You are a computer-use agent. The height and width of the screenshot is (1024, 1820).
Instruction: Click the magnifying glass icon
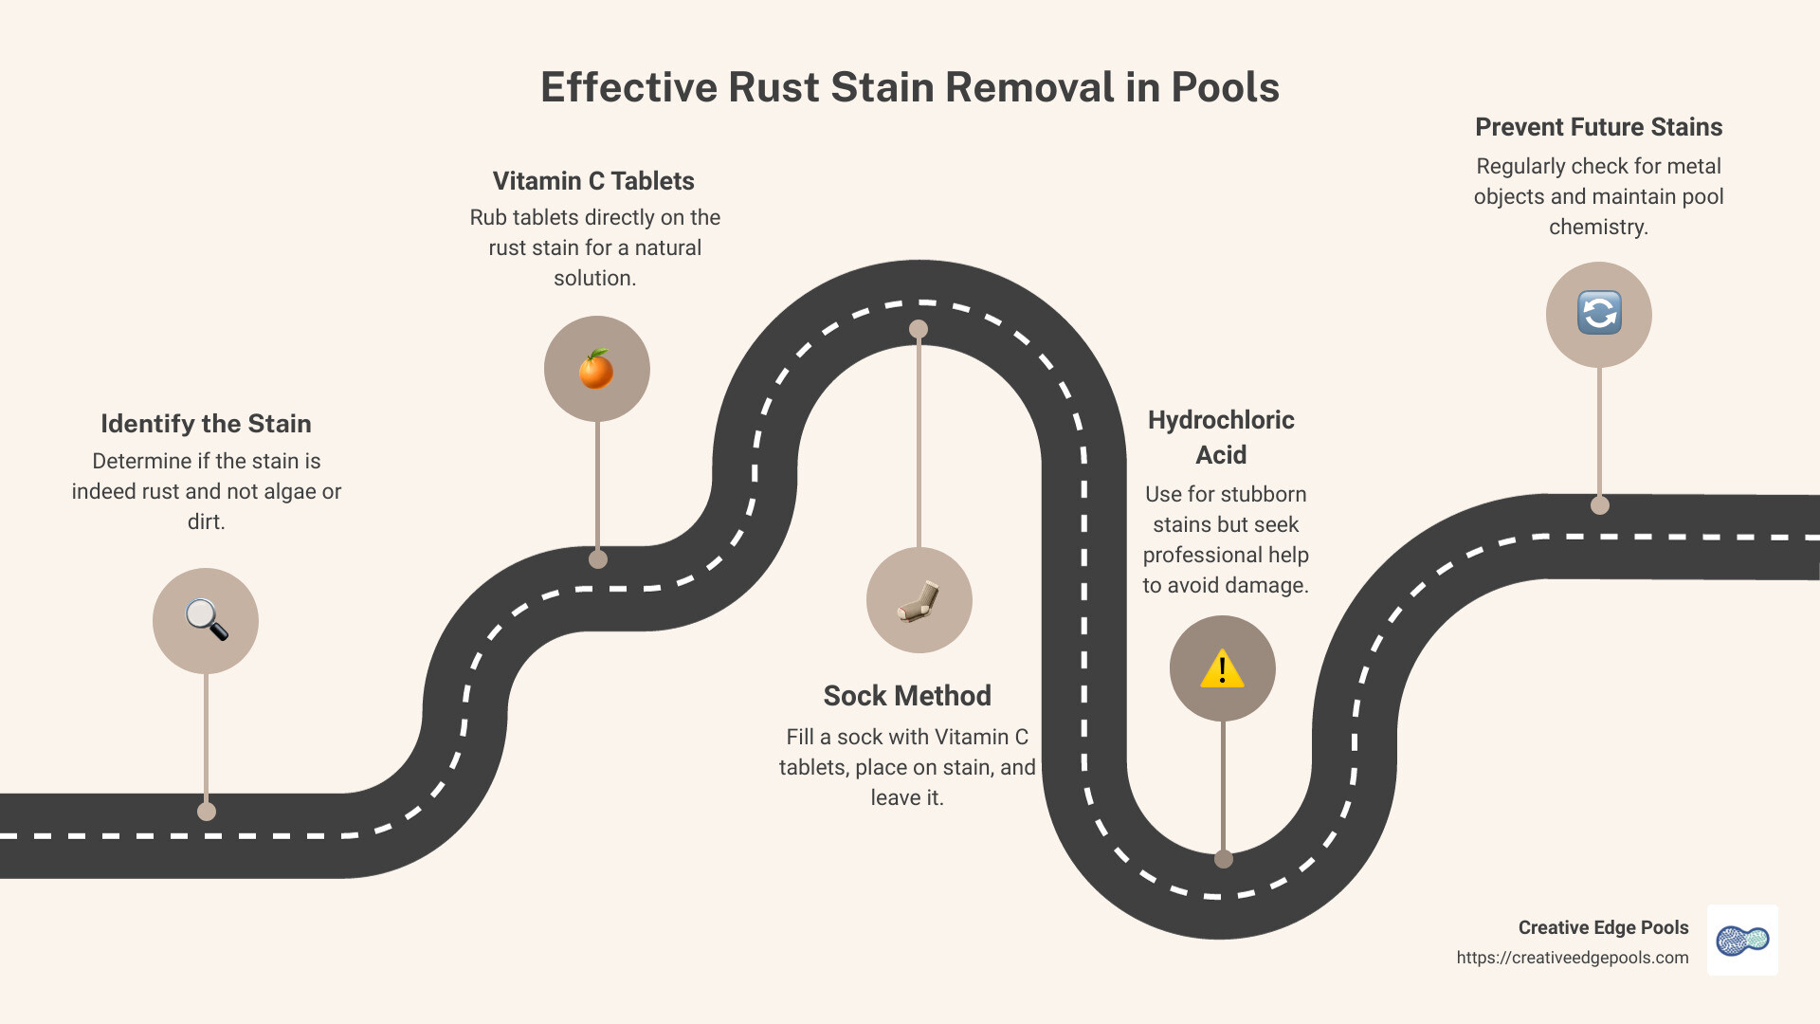(206, 620)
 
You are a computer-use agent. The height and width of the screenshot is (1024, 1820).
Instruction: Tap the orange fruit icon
(596, 369)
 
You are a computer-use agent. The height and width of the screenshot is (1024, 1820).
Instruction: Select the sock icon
(919, 600)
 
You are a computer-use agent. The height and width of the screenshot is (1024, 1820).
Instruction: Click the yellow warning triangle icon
(1222, 668)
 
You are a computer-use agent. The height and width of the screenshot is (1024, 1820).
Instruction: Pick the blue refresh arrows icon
(1599, 314)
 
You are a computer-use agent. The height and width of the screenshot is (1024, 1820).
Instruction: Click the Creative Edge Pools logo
(1742, 940)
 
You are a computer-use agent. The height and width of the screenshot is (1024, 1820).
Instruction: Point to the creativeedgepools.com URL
(1573, 958)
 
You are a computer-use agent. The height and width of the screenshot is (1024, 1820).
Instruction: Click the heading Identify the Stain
(206, 424)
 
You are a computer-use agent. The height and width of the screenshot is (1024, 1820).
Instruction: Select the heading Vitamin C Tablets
(593, 181)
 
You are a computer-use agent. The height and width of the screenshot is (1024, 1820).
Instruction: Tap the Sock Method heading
(907, 696)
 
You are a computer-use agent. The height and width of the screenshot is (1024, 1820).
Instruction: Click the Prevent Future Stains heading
(1598, 127)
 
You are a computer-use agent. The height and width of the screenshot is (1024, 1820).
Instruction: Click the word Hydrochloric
(1221, 420)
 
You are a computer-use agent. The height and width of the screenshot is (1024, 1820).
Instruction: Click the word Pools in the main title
(1225, 87)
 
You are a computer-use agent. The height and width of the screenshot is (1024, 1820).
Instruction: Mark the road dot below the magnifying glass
(207, 812)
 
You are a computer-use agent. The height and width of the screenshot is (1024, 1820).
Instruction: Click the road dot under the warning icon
(1224, 859)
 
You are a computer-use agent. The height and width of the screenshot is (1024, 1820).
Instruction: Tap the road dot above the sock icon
(919, 329)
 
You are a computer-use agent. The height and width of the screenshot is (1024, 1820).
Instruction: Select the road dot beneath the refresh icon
(1600, 505)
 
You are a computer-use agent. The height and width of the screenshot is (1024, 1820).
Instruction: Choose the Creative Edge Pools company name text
(1603, 927)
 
